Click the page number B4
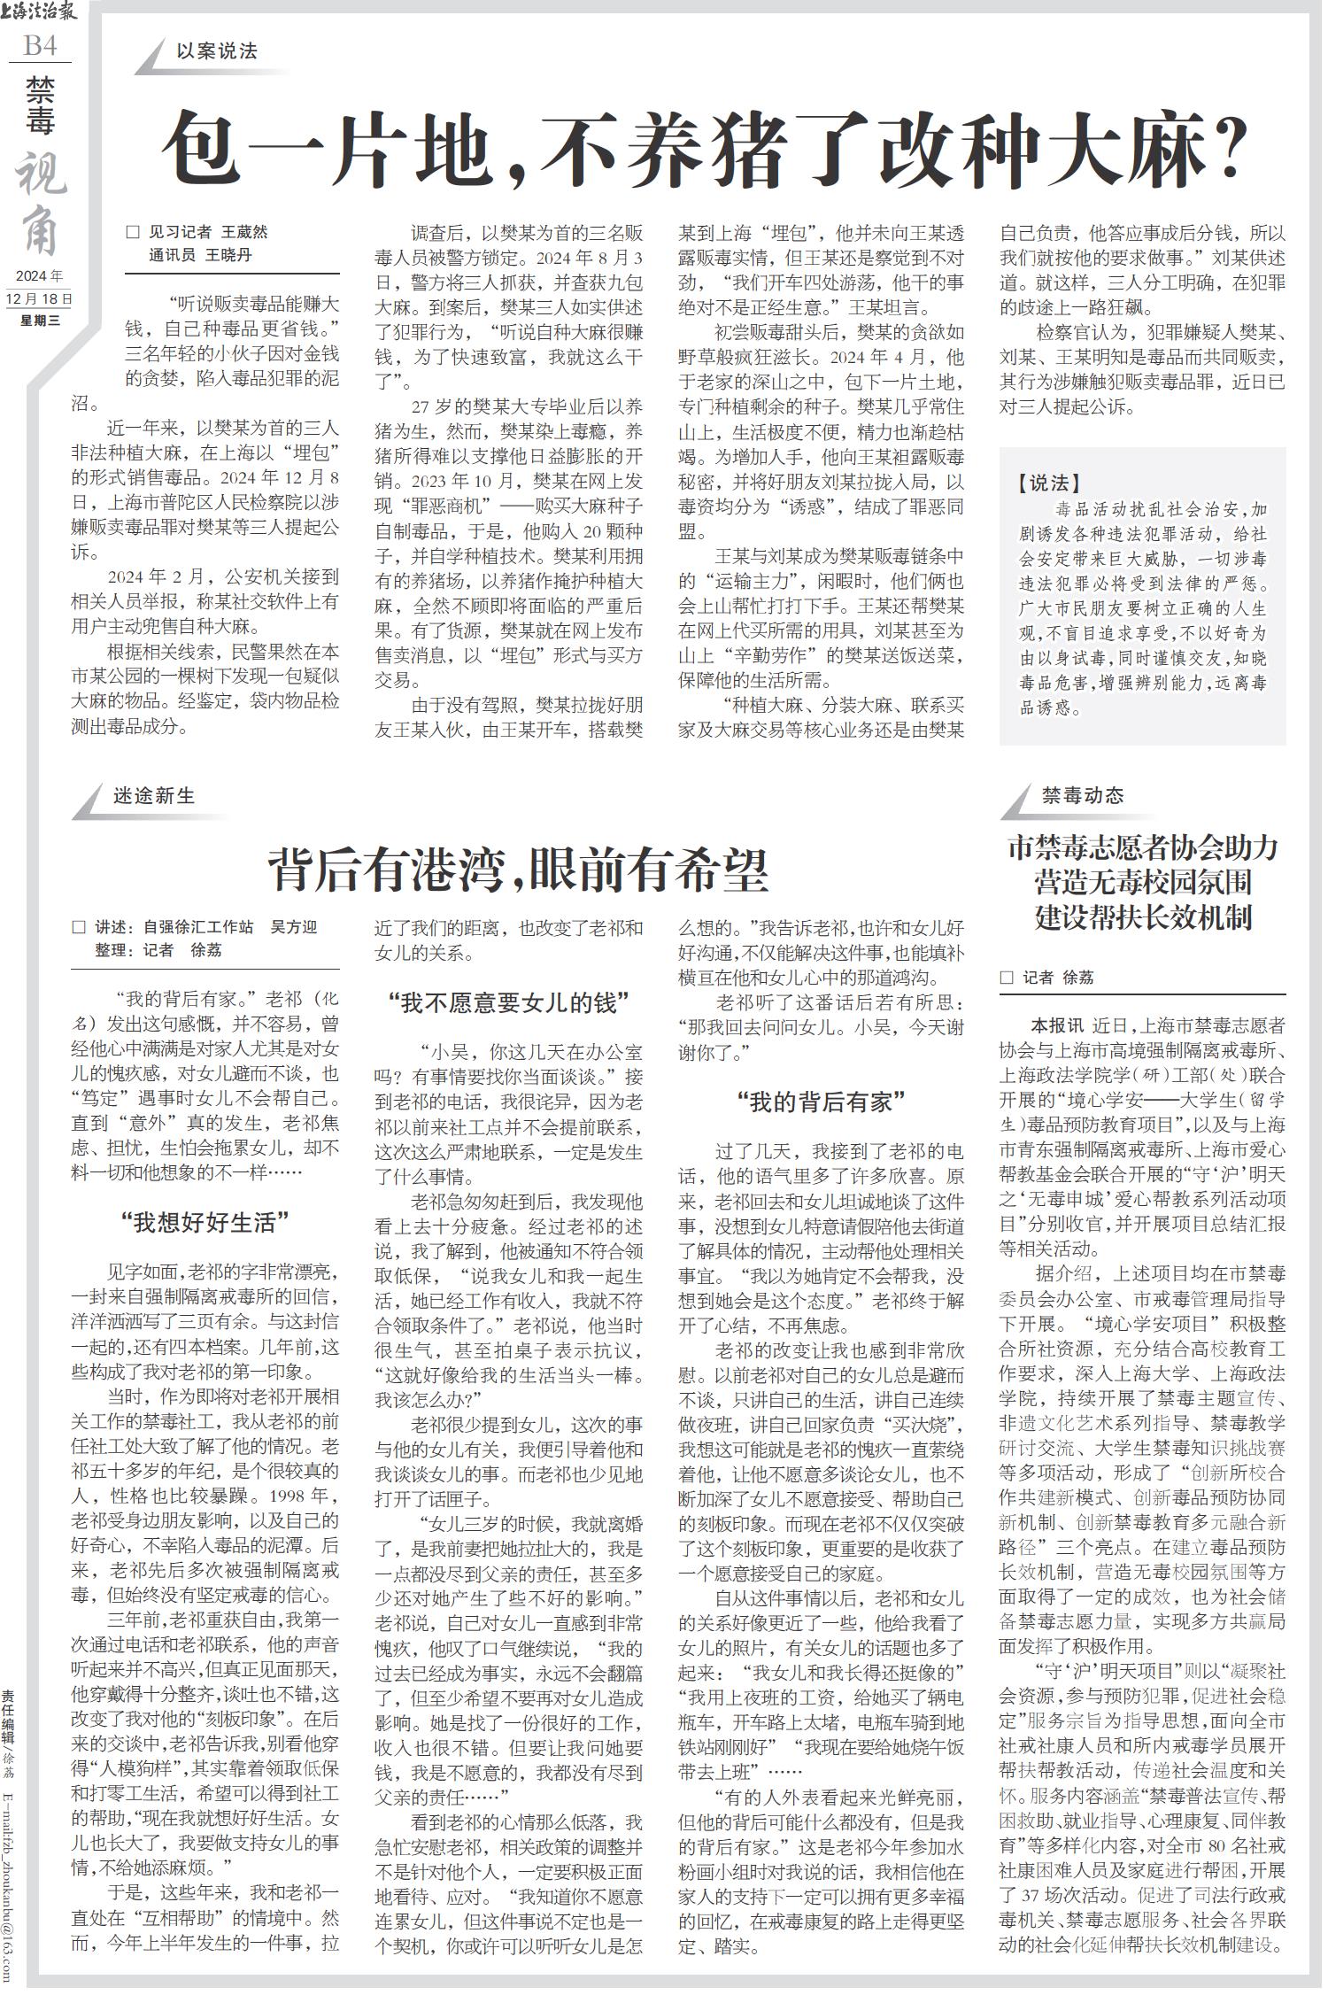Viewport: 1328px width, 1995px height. point(40,45)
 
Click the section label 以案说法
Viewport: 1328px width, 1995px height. point(217,51)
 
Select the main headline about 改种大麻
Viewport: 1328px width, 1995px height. point(704,147)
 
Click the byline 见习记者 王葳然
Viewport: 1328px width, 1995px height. point(207,233)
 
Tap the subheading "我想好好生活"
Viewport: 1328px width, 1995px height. point(205,1224)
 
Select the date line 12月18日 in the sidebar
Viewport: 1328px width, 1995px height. point(40,299)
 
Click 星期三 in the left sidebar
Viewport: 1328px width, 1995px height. point(40,321)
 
